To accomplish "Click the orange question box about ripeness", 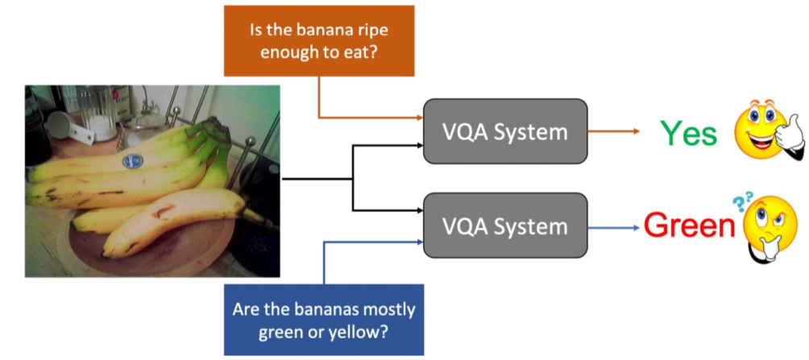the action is coord(319,41).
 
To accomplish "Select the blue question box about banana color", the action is coord(323,320).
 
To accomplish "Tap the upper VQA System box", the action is coord(505,131).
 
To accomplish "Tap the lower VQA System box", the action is coord(505,226).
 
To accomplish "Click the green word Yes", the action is coord(690,134).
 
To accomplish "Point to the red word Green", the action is coord(689,225).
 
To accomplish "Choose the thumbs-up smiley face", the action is coord(769,128).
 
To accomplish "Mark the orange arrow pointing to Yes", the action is coord(613,131).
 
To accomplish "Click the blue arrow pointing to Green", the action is coord(613,227).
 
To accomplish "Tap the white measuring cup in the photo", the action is coord(68,127).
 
